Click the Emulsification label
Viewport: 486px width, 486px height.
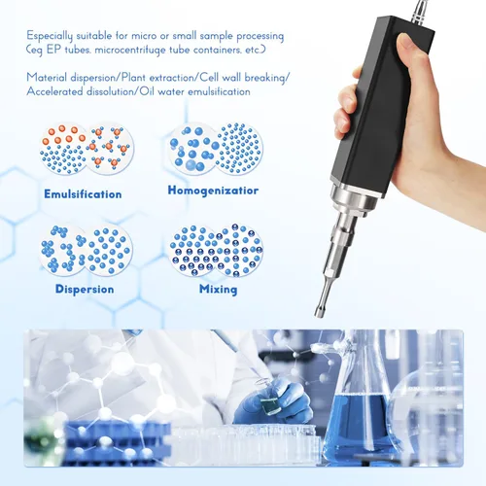[x=83, y=194]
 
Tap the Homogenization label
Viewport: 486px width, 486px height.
[x=213, y=191]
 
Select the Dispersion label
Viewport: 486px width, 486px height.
[x=85, y=289]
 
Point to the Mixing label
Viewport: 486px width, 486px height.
[x=218, y=289]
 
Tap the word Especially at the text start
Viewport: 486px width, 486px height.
[x=50, y=36]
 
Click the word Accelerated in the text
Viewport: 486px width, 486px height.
[x=54, y=91]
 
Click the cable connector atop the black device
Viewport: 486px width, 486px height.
[x=421, y=12]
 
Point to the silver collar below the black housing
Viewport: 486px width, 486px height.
[x=354, y=198]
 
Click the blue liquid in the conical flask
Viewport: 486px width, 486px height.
[x=360, y=426]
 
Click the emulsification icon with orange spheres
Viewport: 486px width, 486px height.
[x=87, y=149]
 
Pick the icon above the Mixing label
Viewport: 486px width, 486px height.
[x=216, y=250]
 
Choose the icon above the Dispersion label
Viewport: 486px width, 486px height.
[x=86, y=250]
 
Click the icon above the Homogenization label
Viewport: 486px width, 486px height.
[x=216, y=149]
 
